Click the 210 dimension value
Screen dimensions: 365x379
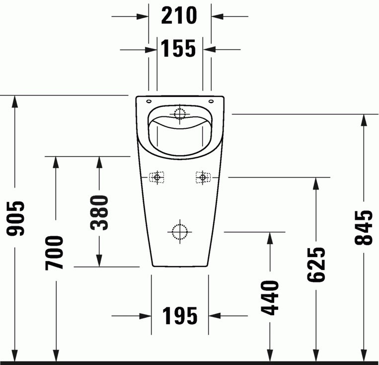179,16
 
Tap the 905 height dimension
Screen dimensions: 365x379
16,218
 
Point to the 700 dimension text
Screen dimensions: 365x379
55,253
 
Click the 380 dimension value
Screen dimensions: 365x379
99,213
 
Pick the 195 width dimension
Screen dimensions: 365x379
179,315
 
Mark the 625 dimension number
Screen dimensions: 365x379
315,265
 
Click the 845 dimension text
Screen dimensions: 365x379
364,228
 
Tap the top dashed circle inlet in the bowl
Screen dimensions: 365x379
179,114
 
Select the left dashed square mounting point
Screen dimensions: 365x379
157,177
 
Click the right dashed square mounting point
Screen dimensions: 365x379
202,177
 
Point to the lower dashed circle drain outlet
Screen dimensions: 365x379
179,231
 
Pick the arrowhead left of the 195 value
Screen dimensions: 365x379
145,315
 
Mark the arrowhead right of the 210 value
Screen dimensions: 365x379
218,16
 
